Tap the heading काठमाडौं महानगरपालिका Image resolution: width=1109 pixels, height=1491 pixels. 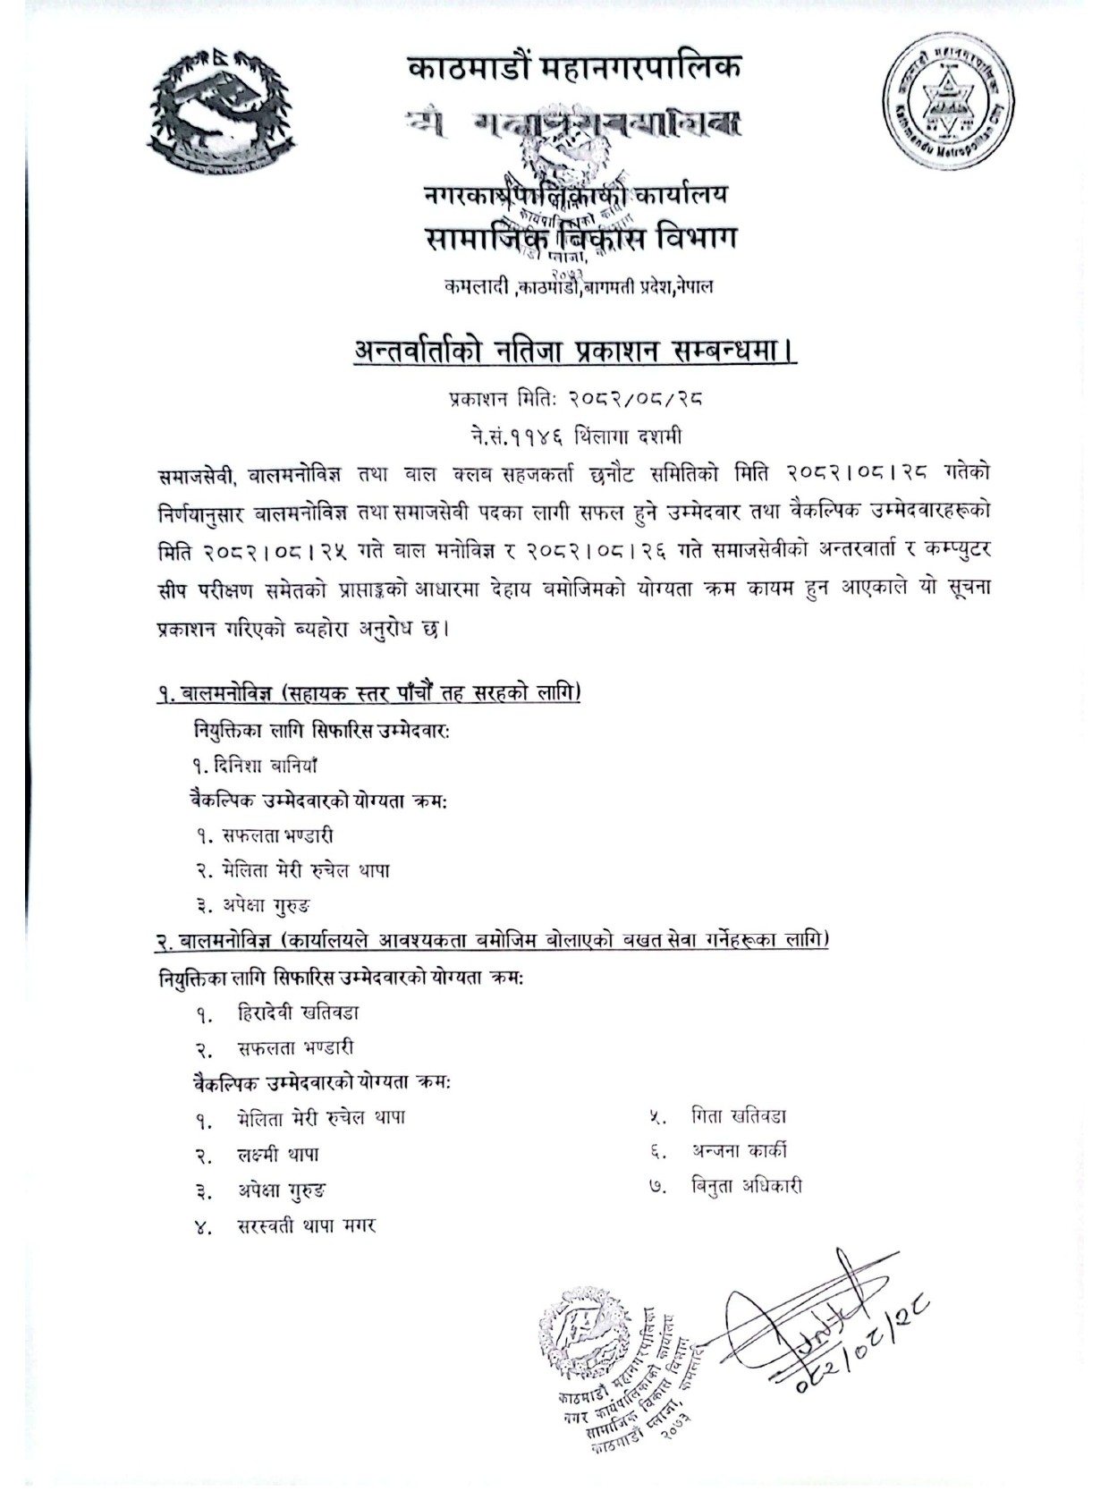573,69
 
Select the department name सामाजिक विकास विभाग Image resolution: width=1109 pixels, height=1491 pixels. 573,241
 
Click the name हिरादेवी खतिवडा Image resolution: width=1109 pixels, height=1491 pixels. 299,1012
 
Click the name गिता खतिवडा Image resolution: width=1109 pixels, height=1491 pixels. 739,1116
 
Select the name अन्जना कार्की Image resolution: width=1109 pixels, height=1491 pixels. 739,1151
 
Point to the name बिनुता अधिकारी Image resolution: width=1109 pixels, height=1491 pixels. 746,1187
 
